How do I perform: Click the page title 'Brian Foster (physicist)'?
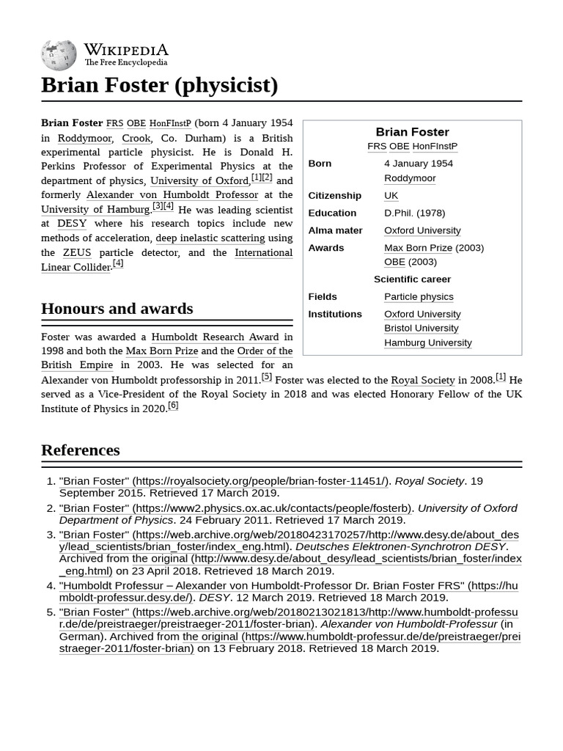(159, 85)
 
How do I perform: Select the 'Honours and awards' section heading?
(117, 309)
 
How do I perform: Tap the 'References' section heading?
(80, 450)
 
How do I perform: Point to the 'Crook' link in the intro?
(136, 138)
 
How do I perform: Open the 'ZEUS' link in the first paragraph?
(77, 252)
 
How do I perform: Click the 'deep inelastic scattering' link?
(210, 238)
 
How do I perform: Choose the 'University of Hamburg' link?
(95, 209)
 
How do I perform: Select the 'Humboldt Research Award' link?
(215, 337)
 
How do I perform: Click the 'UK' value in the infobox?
(391, 196)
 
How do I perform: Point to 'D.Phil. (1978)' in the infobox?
(414, 213)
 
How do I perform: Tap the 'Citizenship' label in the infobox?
(334, 196)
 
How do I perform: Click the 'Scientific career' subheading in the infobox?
(412, 279)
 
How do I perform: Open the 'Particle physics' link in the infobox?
(419, 297)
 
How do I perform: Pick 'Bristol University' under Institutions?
(421, 329)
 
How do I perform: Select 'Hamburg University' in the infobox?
(427, 342)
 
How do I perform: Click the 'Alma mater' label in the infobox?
(335, 230)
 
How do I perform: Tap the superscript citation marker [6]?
(173, 406)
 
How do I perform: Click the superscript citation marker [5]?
(266, 377)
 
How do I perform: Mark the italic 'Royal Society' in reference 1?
(429, 481)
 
